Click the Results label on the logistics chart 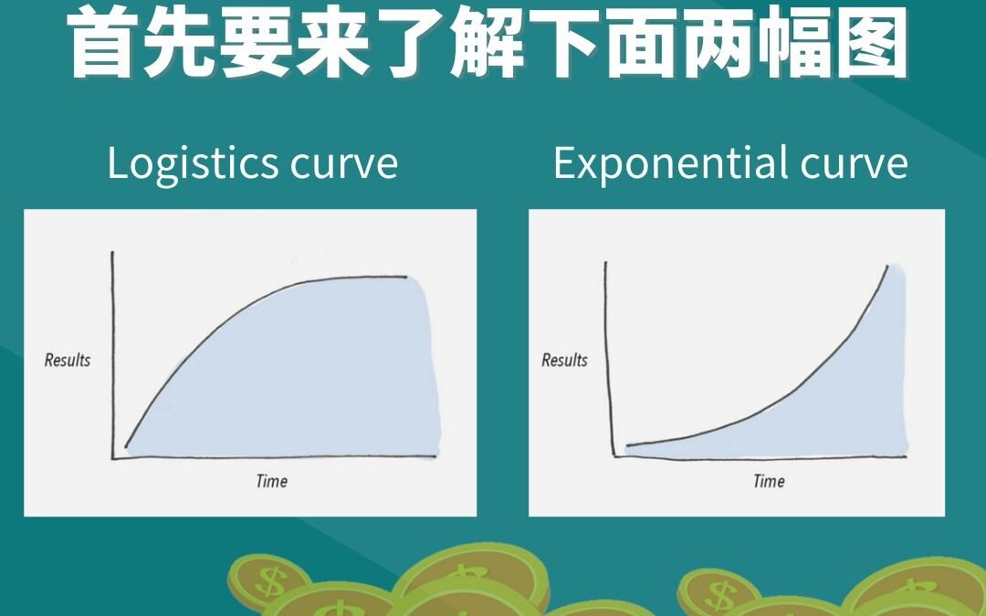68,360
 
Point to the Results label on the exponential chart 565,360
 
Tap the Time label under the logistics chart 272,481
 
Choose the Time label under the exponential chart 769,481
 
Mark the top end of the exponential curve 887,266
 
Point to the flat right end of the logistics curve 405,277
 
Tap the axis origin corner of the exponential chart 614,455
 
